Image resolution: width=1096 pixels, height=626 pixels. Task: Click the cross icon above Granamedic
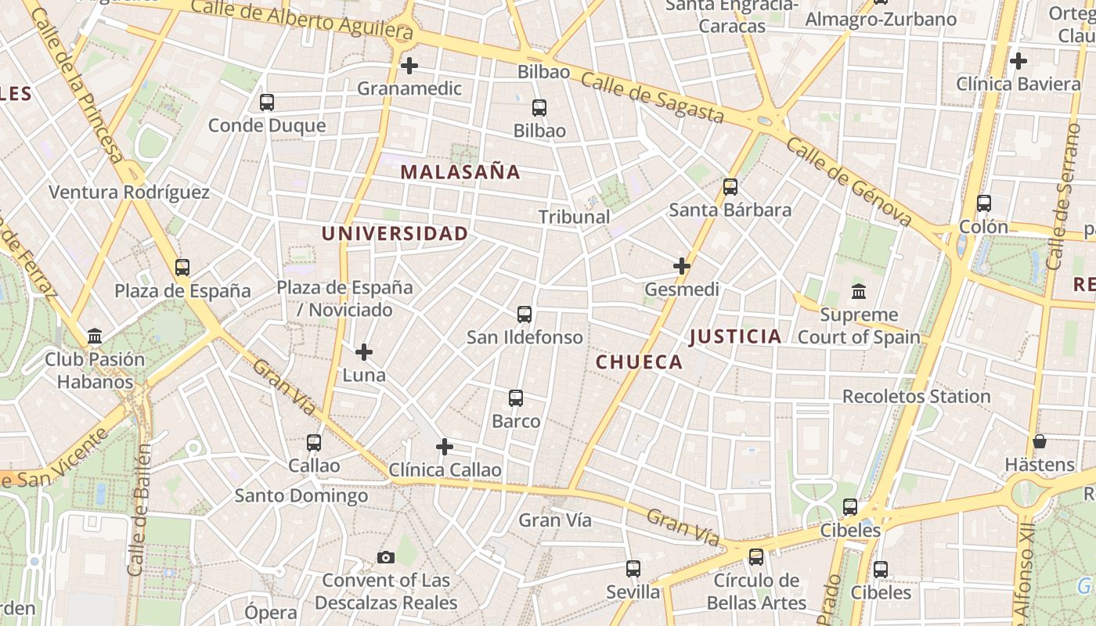click(409, 66)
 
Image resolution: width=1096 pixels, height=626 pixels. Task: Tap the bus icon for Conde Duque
click(267, 103)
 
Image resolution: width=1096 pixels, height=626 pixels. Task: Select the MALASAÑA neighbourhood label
click(460, 172)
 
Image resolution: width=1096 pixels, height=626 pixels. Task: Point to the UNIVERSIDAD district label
click(395, 233)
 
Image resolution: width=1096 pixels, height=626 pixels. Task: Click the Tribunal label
click(574, 217)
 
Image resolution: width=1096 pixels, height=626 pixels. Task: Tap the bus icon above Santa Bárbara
click(730, 187)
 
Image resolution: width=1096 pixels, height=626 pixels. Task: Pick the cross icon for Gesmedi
click(682, 266)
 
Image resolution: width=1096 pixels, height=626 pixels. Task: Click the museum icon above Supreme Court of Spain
click(859, 291)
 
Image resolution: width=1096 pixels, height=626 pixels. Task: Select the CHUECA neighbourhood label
click(639, 362)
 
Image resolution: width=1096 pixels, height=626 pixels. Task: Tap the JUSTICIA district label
click(735, 336)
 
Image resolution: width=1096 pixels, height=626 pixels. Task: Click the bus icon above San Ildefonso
click(525, 315)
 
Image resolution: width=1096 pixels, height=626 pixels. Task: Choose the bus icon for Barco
click(516, 398)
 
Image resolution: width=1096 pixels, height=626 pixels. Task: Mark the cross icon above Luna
click(364, 352)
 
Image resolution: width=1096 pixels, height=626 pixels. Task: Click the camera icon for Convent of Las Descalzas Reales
click(386, 557)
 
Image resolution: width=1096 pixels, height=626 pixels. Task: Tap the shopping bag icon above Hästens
click(1040, 441)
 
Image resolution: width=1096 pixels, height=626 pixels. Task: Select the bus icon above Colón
click(984, 203)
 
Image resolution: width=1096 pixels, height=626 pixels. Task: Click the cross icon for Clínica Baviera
click(1018, 60)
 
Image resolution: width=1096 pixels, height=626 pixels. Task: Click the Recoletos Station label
click(916, 396)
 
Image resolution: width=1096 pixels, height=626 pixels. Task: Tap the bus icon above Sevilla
click(633, 569)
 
